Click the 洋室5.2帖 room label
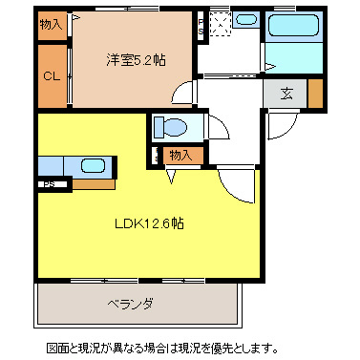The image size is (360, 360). pos(135,60)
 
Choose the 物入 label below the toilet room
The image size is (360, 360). pos(180,155)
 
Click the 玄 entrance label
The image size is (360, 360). pos(286,93)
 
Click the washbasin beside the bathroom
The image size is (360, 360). pos(245,19)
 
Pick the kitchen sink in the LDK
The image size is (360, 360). pos(93,165)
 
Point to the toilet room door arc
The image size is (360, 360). pos(217,127)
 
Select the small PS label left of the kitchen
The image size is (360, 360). pos(47,184)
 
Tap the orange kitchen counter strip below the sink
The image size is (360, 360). pos(94,181)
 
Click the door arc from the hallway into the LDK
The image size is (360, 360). pos(237,181)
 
